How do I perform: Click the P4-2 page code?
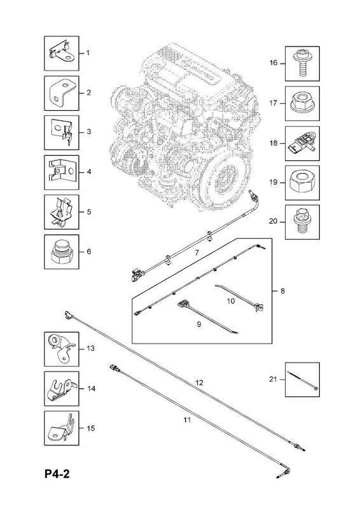(57, 474)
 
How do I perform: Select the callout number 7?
(197, 253)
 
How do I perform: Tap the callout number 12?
(199, 383)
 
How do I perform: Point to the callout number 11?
(187, 420)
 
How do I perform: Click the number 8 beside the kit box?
(282, 291)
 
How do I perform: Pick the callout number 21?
(273, 379)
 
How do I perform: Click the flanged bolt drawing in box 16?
(302, 63)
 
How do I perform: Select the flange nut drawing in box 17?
(302, 102)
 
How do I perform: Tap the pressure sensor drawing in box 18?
(302, 144)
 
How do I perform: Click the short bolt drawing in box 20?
(302, 222)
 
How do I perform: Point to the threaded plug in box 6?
(62, 252)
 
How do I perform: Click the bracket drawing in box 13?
(62, 349)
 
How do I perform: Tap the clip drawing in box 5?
(61, 213)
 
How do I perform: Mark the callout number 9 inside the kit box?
(199, 324)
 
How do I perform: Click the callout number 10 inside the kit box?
(231, 301)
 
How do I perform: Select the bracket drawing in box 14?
(61, 389)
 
